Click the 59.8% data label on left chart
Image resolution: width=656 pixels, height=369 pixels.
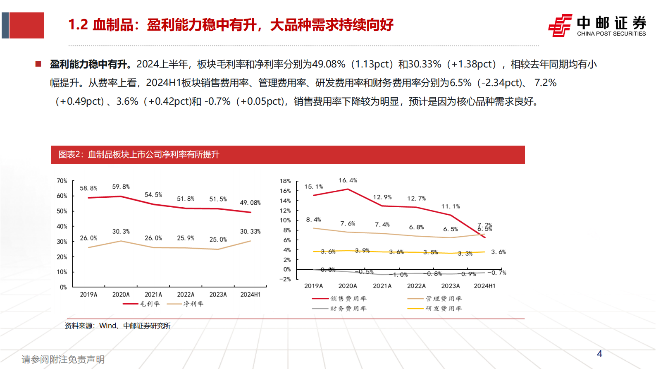pyautogui.click(x=121, y=187)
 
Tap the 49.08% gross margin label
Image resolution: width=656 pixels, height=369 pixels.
pyautogui.click(x=250, y=203)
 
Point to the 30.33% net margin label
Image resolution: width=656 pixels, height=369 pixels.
pyautogui.click(x=250, y=232)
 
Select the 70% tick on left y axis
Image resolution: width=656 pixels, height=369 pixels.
pyautogui.click(x=62, y=181)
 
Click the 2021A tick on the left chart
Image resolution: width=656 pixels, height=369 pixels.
pyautogui.click(x=153, y=295)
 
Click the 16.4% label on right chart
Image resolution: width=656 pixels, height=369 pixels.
pyautogui.click(x=348, y=180)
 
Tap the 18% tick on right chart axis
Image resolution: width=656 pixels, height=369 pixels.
pyautogui.click(x=285, y=181)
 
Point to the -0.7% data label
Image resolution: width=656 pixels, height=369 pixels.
pyautogui.click(x=496, y=273)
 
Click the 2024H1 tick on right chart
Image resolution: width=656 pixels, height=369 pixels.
pyautogui.click(x=484, y=286)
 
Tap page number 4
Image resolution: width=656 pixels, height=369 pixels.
pyautogui.click(x=599, y=354)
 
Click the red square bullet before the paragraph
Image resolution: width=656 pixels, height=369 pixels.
pyautogui.click(x=38, y=64)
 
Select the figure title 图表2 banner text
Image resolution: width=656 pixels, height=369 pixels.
pyautogui.click(x=139, y=155)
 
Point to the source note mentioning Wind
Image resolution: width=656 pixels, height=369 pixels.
pyautogui.click(x=118, y=326)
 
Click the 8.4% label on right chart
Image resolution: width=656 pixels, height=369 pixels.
pyautogui.click(x=313, y=220)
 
